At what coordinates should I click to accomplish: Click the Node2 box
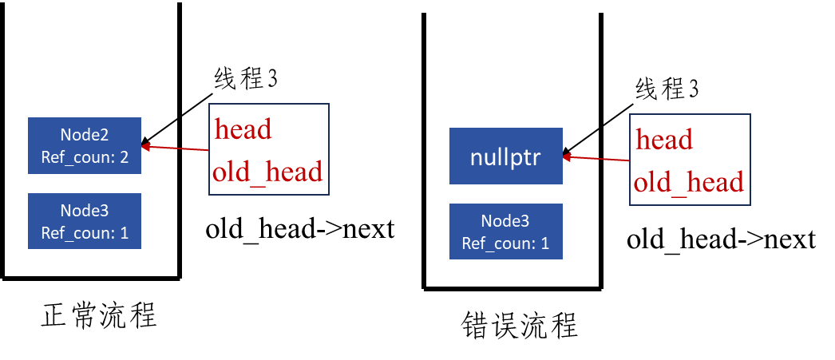pyautogui.click(x=85, y=145)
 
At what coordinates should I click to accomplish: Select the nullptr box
pyautogui.click(x=505, y=156)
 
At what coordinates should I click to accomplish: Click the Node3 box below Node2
pyautogui.click(x=85, y=221)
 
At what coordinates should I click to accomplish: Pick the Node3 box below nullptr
pyautogui.click(x=505, y=231)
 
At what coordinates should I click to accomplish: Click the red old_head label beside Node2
pyautogui.click(x=267, y=171)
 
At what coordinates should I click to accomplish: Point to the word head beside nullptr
pyautogui.click(x=663, y=140)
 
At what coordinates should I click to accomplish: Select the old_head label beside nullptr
pyautogui.click(x=689, y=182)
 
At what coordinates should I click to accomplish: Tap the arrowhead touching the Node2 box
pyautogui.click(x=147, y=146)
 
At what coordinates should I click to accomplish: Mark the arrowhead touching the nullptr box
pyautogui.click(x=568, y=157)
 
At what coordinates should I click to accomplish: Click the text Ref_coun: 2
pyautogui.click(x=85, y=156)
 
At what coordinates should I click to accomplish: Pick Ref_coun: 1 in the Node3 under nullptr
pyautogui.click(x=505, y=243)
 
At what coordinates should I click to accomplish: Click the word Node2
pyautogui.click(x=85, y=134)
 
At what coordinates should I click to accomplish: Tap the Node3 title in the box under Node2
pyautogui.click(x=85, y=210)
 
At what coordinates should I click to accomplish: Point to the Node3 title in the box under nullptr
pyautogui.click(x=505, y=220)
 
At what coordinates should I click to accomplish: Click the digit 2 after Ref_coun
pyautogui.click(x=124, y=156)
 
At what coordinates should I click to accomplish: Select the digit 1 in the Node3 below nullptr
pyautogui.click(x=545, y=243)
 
